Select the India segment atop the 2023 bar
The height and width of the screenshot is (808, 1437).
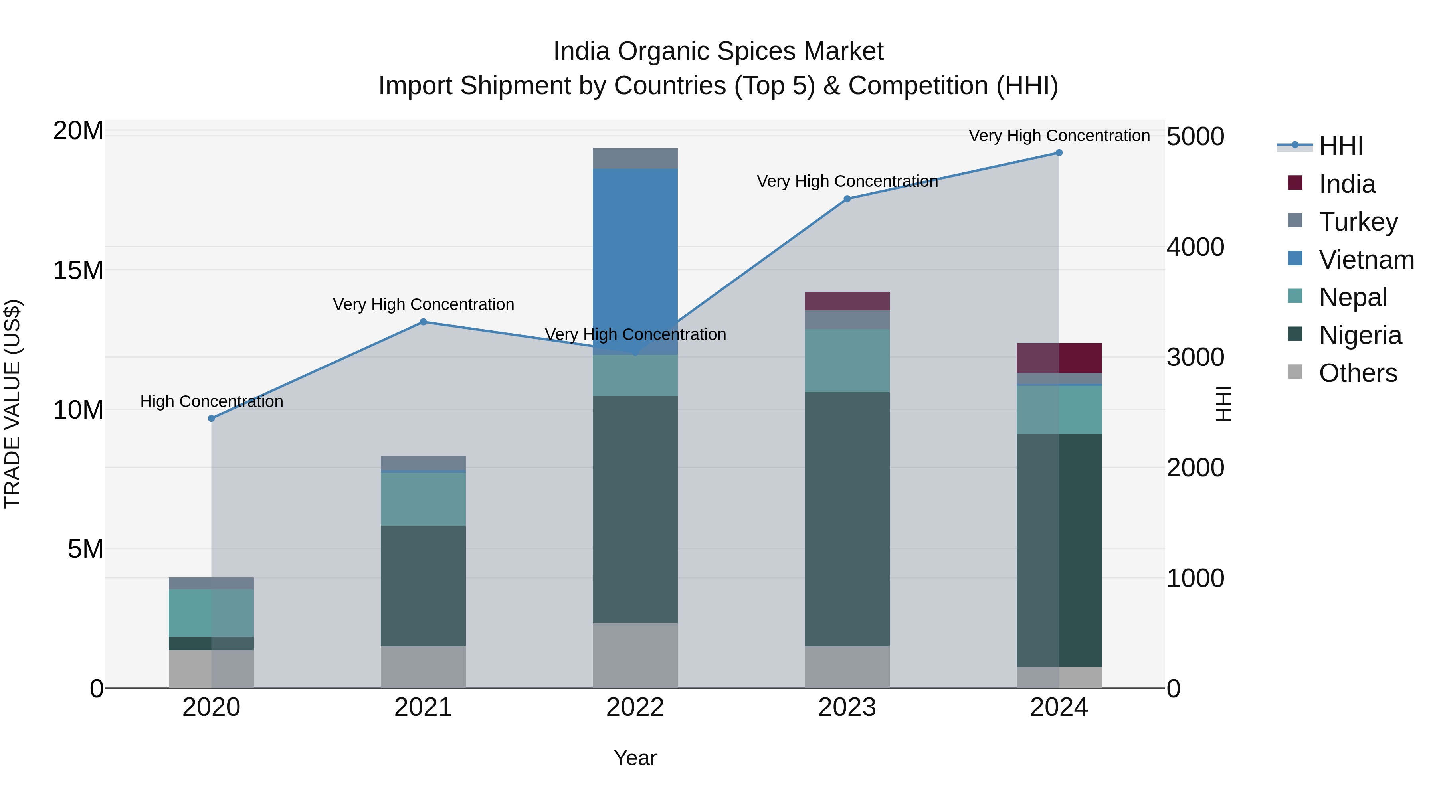point(847,301)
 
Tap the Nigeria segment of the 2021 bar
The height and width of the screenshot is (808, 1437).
point(423,585)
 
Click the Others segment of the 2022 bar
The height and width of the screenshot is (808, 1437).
point(635,655)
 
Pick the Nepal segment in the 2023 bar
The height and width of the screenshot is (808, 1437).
point(847,360)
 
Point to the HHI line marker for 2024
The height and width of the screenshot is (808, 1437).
point(1059,153)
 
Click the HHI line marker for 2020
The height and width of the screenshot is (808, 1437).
point(212,418)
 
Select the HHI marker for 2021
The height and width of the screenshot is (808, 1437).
point(423,322)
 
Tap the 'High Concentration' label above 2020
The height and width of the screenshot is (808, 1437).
point(212,401)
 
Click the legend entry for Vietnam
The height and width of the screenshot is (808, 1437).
point(1366,260)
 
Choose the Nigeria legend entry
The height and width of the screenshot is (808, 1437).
point(1360,335)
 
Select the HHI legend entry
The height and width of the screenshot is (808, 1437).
point(1340,146)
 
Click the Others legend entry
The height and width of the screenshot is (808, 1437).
point(1357,373)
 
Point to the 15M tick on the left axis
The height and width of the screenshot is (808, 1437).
point(78,271)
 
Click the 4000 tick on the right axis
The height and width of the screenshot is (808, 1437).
point(1195,247)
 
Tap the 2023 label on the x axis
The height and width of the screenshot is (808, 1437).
point(847,707)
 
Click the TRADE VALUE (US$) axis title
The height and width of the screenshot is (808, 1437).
point(12,404)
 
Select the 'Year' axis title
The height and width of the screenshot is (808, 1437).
point(635,758)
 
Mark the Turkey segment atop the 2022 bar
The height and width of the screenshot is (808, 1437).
point(635,158)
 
